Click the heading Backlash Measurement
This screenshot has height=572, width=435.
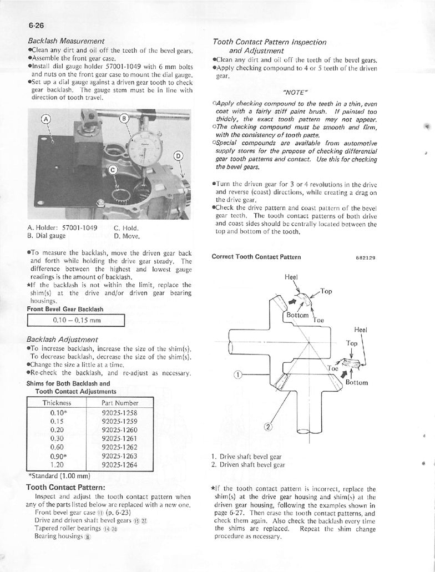(x=66, y=41)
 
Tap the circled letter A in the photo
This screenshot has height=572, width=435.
(x=45, y=119)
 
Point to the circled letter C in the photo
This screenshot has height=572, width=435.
(x=113, y=169)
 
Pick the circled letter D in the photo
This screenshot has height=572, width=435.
(x=178, y=156)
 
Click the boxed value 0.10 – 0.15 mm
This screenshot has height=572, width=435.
(x=77, y=320)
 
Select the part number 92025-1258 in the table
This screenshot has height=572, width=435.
(x=120, y=413)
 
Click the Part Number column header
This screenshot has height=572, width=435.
(x=120, y=403)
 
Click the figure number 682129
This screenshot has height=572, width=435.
(x=366, y=257)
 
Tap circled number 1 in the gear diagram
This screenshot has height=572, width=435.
(x=237, y=374)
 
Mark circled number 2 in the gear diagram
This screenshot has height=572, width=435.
(x=267, y=427)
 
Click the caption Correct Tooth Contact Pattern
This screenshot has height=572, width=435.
(x=256, y=257)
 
